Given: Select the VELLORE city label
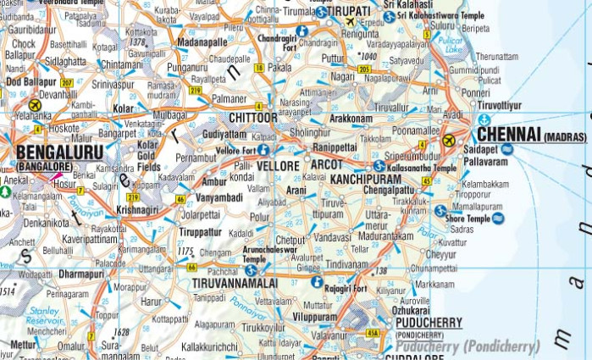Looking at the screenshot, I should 278,165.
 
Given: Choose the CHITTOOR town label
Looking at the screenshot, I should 253,117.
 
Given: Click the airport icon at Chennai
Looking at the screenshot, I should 449,141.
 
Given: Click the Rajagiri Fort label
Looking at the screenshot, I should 347,288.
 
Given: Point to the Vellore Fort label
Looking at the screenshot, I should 236,150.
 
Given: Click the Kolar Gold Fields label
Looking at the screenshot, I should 149,156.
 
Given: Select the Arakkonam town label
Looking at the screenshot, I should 351,119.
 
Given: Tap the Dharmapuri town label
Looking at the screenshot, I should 80,274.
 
